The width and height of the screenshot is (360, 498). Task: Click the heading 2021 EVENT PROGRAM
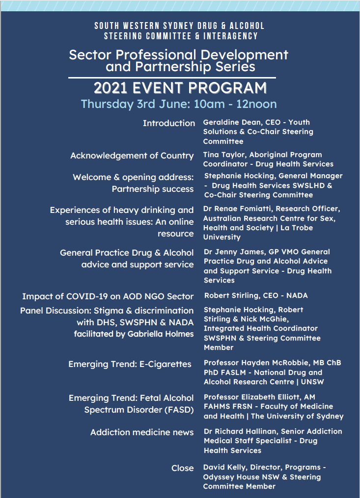pyautogui.click(x=180, y=88)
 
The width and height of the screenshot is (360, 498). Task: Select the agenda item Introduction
pyautogui.click(x=168, y=123)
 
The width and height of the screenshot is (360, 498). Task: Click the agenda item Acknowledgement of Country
pyautogui.click(x=132, y=156)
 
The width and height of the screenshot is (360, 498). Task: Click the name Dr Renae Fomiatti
pyautogui.click(x=241, y=209)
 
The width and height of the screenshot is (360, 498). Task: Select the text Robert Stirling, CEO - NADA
pyautogui.click(x=256, y=295)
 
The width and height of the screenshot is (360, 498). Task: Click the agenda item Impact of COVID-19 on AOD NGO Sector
pyautogui.click(x=108, y=296)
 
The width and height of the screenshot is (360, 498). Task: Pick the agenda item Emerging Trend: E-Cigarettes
pyautogui.click(x=130, y=364)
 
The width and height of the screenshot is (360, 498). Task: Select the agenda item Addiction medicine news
pyautogui.click(x=141, y=432)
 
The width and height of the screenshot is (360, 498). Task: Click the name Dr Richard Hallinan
pyautogui.click(x=239, y=431)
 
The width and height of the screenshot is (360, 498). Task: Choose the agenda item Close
pyautogui.click(x=182, y=468)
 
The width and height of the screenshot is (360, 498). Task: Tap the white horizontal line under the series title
pyautogui.click(x=172, y=78)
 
